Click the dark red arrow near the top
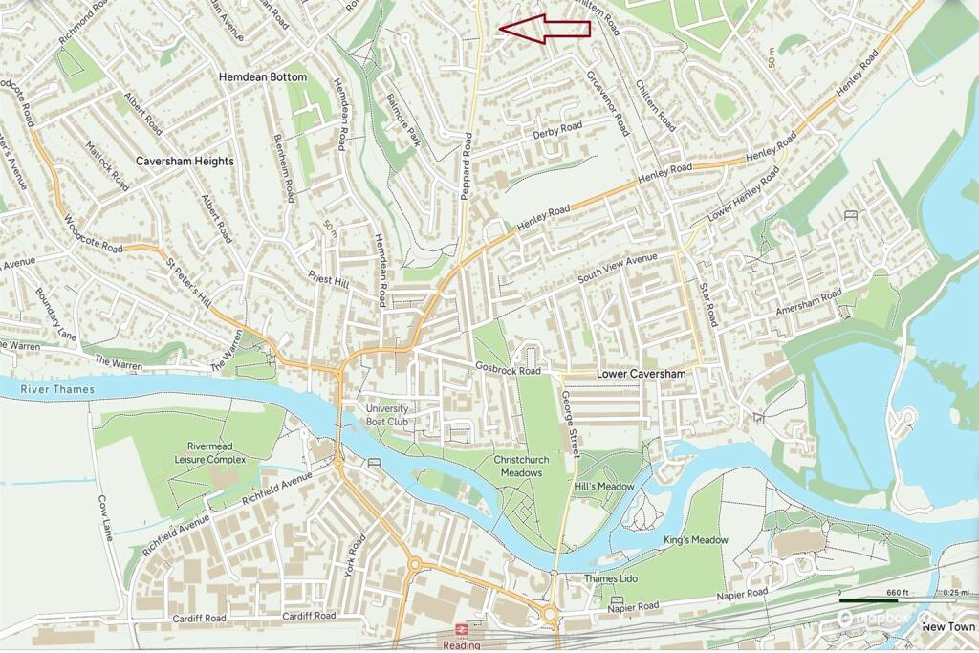pyautogui.click(x=544, y=28)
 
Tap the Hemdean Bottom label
pyautogui.click(x=263, y=76)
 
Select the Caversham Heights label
pyautogui.click(x=185, y=162)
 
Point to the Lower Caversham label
pyautogui.click(x=641, y=372)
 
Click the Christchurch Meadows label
pyautogui.click(x=518, y=467)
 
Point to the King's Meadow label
pyautogui.click(x=695, y=540)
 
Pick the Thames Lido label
pyautogui.click(x=611, y=579)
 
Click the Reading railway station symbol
pyautogui.click(x=461, y=631)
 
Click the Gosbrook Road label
pyautogui.click(x=508, y=370)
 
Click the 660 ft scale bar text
pyautogui.click(x=897, y=593)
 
